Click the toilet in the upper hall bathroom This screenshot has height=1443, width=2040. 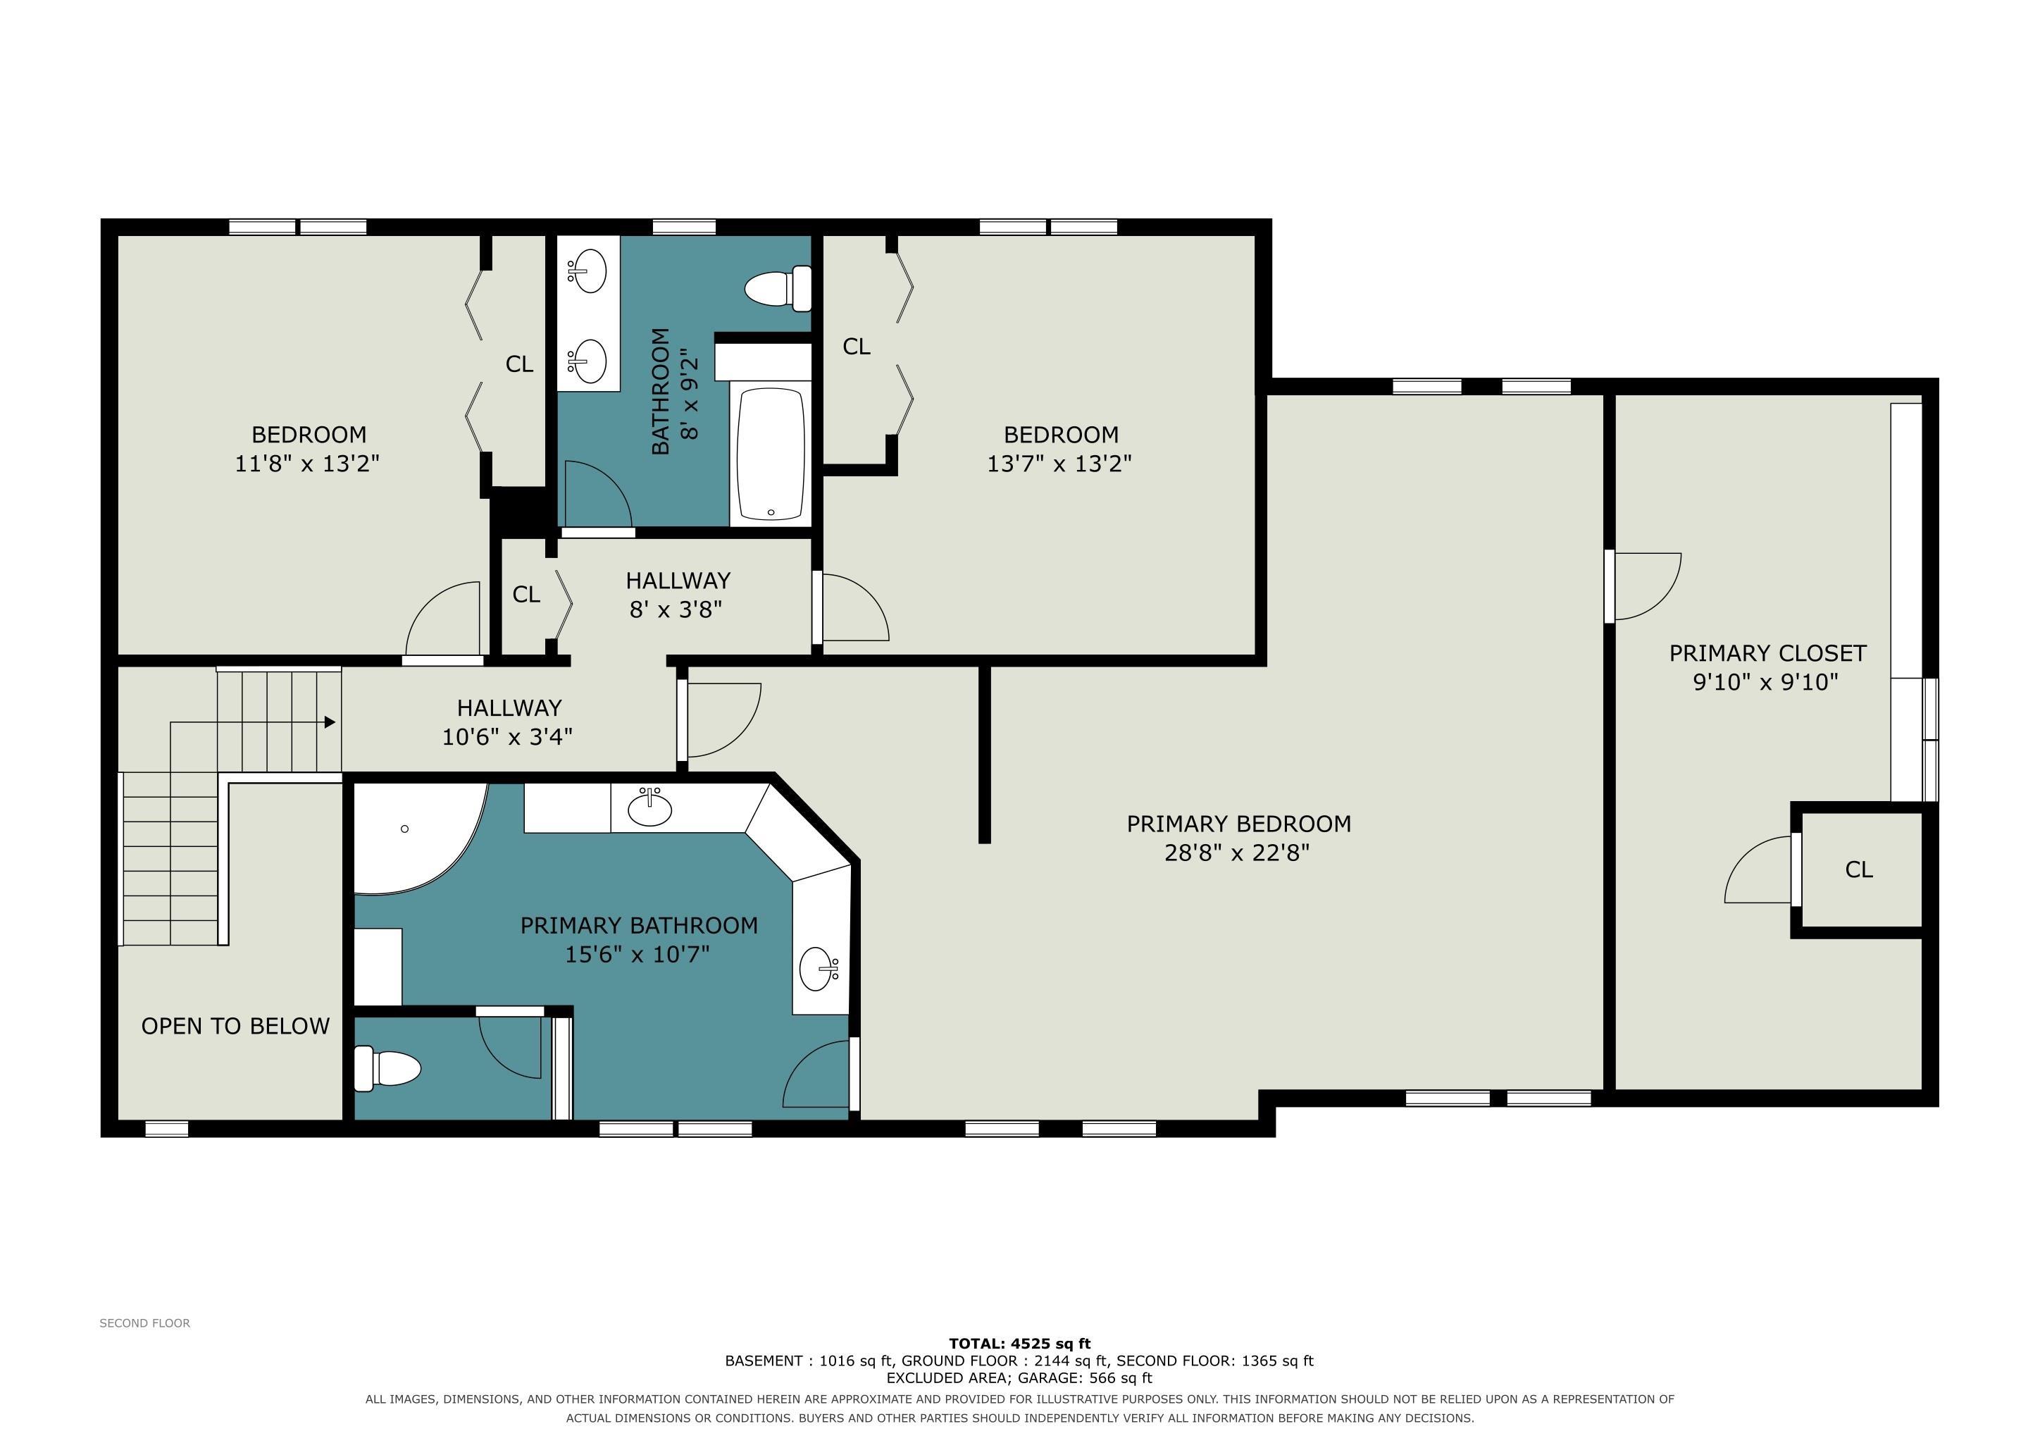click(778, 289)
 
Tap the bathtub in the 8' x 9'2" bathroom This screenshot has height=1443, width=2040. click(771, 453)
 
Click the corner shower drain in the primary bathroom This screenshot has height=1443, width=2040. click(404, 829)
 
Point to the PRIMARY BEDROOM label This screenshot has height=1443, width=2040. click(1238, 824)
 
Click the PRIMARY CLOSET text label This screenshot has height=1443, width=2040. click(1767, 653)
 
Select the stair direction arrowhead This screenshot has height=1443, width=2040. click(330, 721)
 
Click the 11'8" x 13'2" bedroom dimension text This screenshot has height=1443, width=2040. click(307, 463)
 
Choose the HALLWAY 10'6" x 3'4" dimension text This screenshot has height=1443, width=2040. click(507, 736)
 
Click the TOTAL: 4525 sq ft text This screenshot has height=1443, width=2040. click(1020, 1344)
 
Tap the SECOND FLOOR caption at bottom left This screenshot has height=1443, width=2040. click(145, 1323)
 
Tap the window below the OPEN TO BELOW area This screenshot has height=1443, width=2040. click(167, 1129)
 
